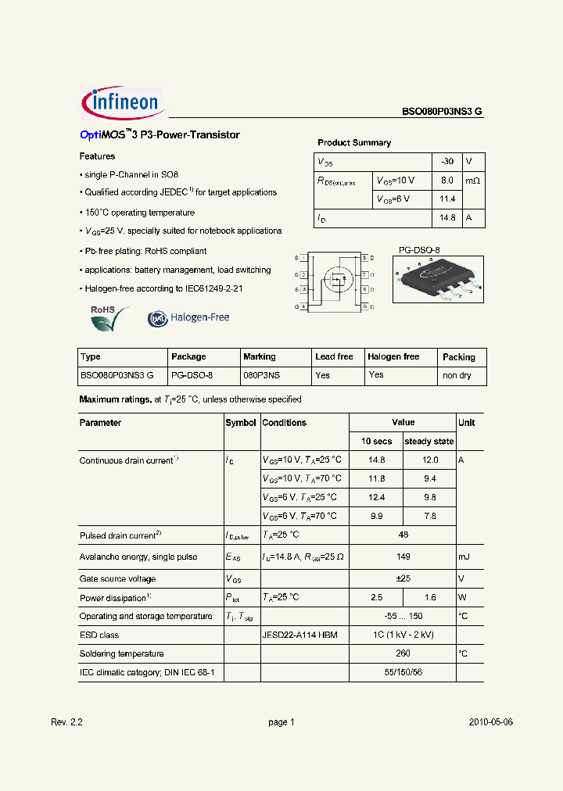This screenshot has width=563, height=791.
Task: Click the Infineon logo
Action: tap(121, 103)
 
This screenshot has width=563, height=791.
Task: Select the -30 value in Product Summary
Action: tap(446, 161)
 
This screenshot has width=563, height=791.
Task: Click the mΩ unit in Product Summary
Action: tap(473, 181)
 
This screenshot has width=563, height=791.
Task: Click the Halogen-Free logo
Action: tap(188, 318)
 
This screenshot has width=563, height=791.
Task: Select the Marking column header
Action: tap(260, 356)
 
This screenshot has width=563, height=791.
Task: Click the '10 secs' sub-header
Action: tap(376, 442)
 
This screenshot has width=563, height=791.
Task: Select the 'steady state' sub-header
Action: tap(429, 442)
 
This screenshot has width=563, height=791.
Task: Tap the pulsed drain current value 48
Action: tap(403, 535)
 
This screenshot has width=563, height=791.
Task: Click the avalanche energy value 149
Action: tap(403, 557)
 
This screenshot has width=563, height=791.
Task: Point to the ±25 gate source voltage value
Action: tap(403, 579)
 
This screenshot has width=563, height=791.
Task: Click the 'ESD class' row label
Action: tap(99, 635)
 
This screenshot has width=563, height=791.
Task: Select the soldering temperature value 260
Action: tap(403, 654)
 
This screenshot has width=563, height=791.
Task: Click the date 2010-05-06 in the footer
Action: tap(491, 722)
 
